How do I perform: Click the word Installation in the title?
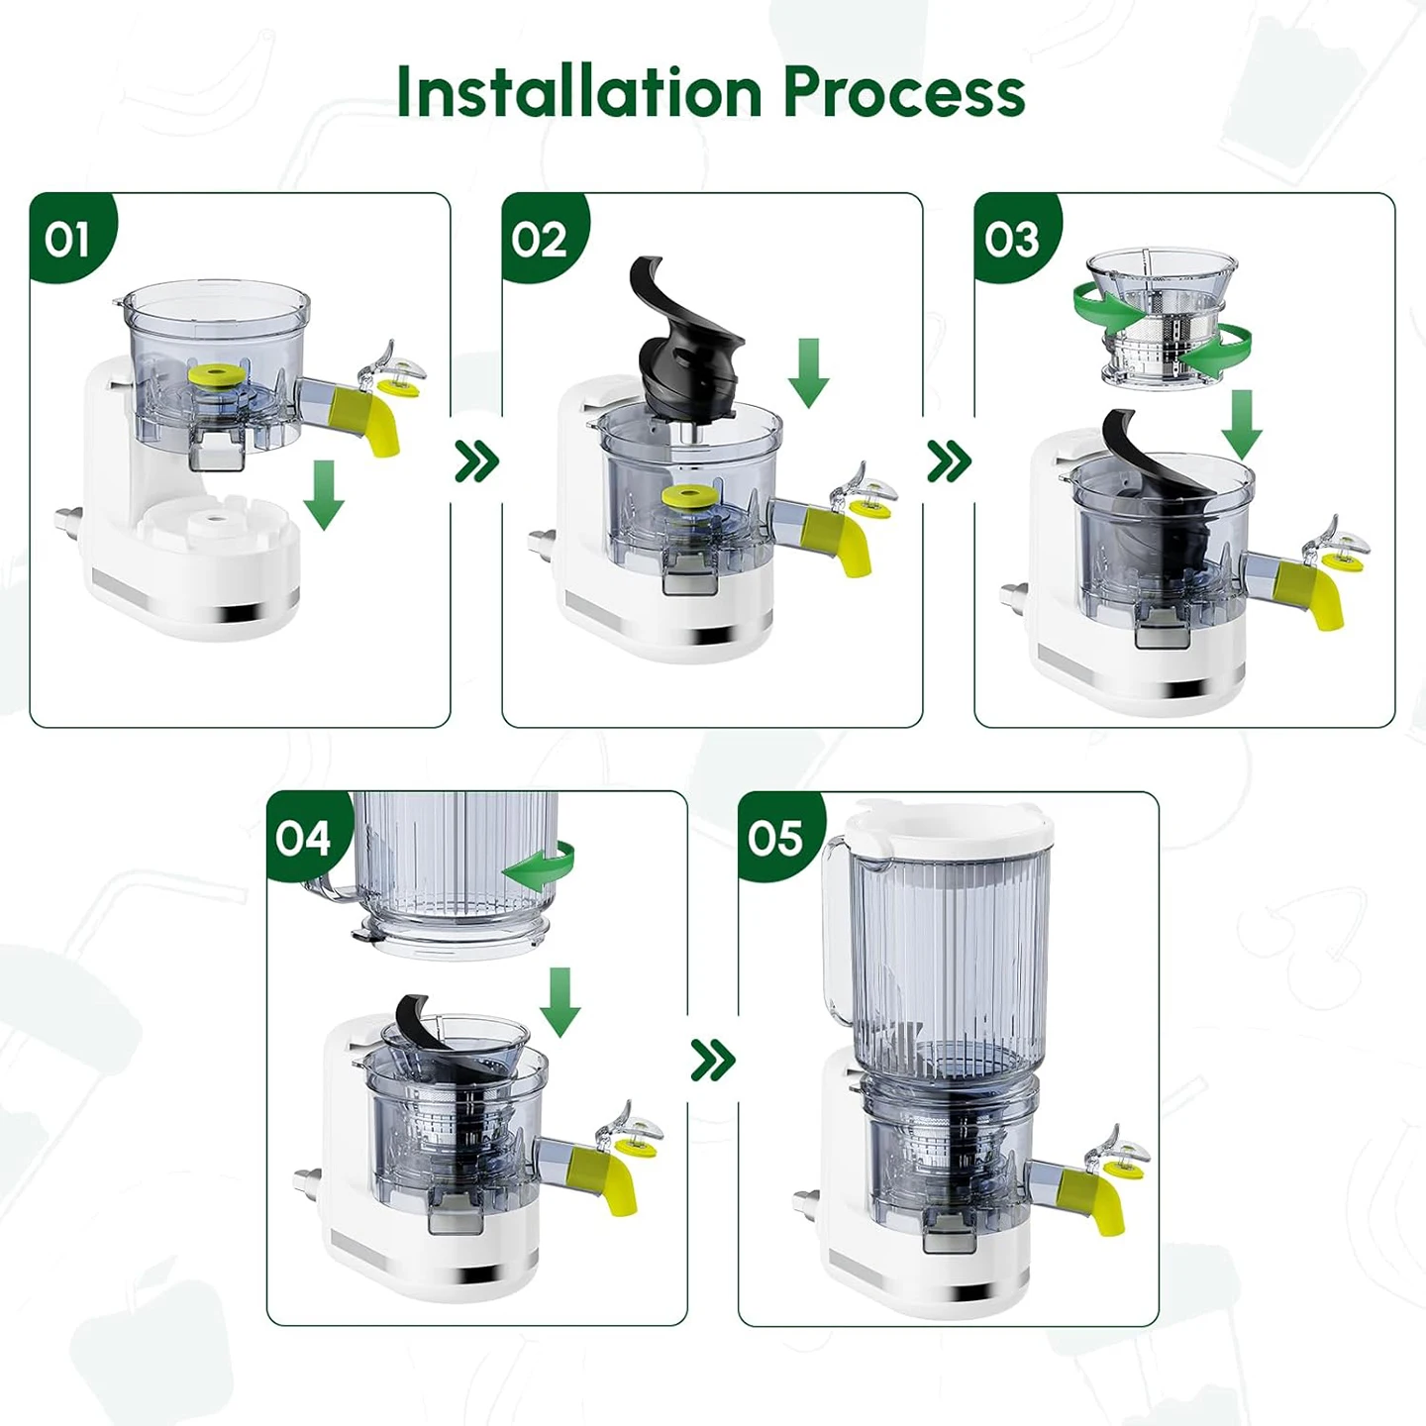(x=579, y=92)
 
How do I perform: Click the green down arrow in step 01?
(x=324, y=495)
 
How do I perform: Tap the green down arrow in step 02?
(x=808, y=373)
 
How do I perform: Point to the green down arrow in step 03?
(x=1242, y=425)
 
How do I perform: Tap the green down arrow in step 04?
(x=560, y=1002)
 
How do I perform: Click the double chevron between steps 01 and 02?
(x=477, y=461)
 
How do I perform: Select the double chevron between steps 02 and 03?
(x=949, y=461)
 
